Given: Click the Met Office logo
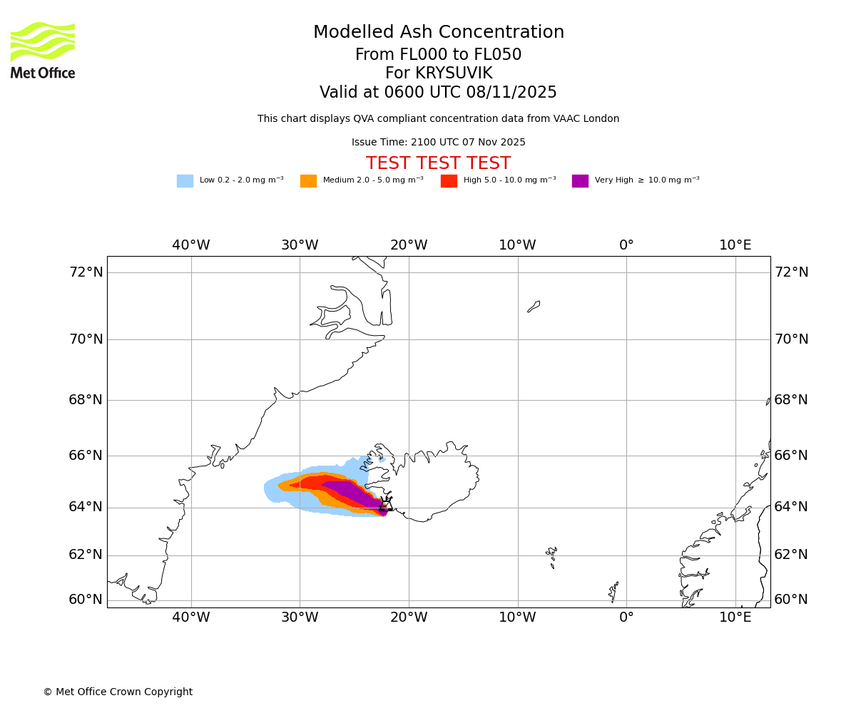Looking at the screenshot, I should click(43, 50).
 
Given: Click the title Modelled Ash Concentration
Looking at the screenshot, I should click(438, 33).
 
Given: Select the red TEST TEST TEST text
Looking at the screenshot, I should click(438, 164).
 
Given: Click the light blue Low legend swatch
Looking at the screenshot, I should click(185, 181).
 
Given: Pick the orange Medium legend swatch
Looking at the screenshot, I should click(308, 181).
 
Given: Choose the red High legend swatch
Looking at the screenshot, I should click(449, 181).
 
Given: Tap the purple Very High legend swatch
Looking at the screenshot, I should click(580, 181).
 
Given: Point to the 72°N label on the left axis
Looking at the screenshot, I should click(86, 272).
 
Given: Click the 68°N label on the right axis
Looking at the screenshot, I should click(791, 400).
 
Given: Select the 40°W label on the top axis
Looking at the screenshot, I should click(191, 245).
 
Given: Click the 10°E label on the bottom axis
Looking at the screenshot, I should click(735, 617).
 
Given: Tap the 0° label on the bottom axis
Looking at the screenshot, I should click(626, 617).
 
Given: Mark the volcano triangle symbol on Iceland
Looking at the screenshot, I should click(386, 506).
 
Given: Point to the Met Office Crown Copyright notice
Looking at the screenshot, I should click(118, 692).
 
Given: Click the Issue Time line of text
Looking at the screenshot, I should click(438, 143).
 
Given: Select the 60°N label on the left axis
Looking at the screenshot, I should click(86, 600).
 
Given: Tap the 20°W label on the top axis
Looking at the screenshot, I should click(409, 245).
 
